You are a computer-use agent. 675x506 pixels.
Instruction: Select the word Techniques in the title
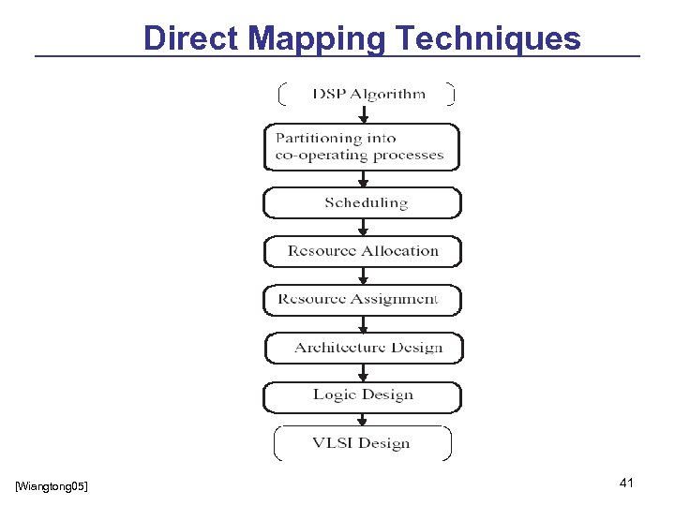pyautogui.click(x=488, y=38)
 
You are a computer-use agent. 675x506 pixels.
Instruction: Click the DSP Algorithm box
pyautogui.click(x=367, y=94)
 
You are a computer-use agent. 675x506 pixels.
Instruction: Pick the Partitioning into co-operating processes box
pyautogui.click(x=362, y=147)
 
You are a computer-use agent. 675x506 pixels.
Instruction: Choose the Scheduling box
pyautogui.click(x=363, y=202)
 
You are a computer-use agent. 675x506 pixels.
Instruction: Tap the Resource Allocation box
pyautogui.click(x=363, y=251)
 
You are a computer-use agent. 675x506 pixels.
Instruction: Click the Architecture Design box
pyautogui.click(x=365, y=348)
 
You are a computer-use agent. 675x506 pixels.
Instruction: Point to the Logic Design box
pyautogui.click(x=363, y=396)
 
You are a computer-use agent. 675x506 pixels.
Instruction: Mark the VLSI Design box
pyautogui.click(x=363, y=443)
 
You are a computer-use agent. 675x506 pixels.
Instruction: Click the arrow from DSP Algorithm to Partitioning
pyautogui.click(x=364, y=114)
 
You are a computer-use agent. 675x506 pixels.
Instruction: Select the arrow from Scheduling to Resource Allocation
pyautogui.click(x=364, y=227)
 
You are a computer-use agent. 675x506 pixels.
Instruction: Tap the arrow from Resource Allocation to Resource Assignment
pyautogui.click(x=364, y=275)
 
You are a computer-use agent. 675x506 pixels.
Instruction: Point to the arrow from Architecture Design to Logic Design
pyautogui.click(x=364, y=372)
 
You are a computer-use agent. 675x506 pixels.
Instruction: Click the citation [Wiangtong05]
pyautogui.click(x=52, y=485)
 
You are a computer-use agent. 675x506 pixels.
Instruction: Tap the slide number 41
pyautogui.click(x=627, y=483)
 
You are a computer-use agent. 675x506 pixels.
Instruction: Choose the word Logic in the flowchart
pyautogui.click(x=335, y=395)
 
